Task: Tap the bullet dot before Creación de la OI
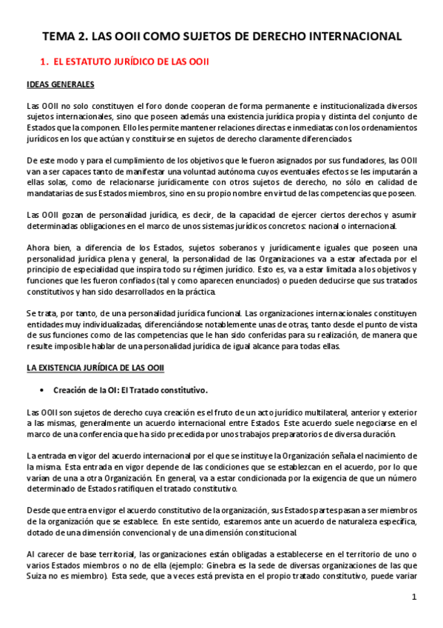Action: (44, 390)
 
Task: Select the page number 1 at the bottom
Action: (415, 597)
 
